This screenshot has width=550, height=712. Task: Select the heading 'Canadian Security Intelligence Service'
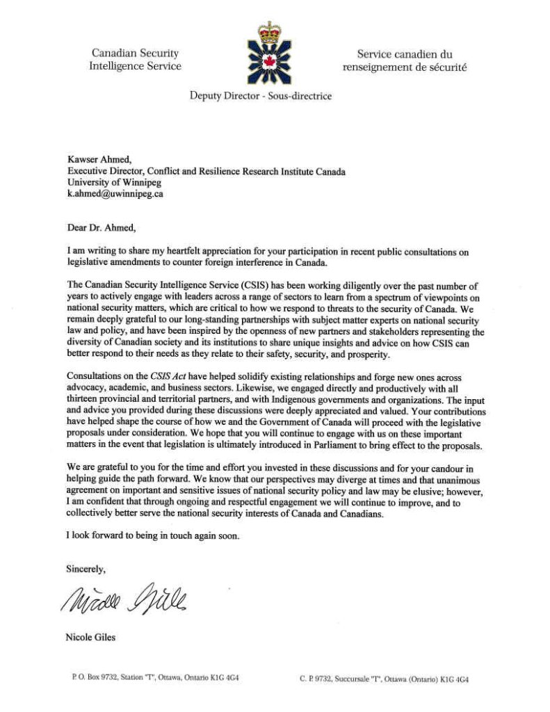pyautogui.click(x=135, y=60)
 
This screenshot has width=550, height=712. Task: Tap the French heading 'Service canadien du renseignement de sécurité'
pyautogui.click(x=404, y=60)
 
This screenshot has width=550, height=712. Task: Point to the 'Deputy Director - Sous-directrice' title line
pyautogui.click(x=261, y=96)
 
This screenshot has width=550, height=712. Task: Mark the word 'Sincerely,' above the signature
pyautogui.click(x=86, y=569)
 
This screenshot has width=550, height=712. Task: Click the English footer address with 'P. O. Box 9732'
pyautogui.click(x=156, y=677)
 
